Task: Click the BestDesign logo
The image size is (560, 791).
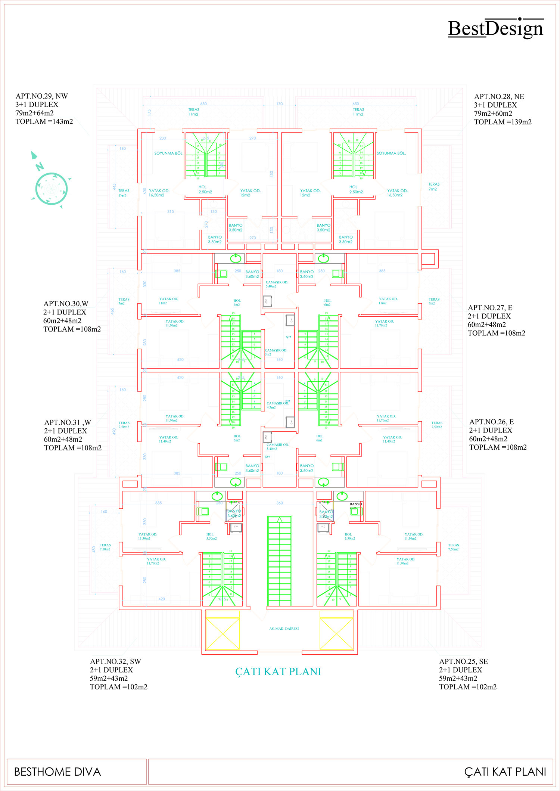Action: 495,28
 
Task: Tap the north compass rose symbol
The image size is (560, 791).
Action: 51,188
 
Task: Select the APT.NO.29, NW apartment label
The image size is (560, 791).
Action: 42,96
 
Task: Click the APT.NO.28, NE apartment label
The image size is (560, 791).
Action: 499,97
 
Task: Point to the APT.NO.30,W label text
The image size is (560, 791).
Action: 66,304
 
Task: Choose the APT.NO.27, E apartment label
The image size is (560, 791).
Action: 490,308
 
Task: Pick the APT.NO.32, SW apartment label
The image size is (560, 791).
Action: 115,661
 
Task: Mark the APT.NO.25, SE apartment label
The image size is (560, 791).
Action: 463,661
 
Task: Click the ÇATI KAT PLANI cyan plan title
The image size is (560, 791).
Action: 278,671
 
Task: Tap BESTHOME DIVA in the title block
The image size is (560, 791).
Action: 57,772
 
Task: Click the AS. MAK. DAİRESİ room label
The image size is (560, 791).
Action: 284,629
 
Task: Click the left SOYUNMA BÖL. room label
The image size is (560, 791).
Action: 169,153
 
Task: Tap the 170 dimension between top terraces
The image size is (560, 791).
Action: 280,104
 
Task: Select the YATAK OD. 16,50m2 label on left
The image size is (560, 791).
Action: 159,193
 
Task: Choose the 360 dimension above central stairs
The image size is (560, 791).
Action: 280,503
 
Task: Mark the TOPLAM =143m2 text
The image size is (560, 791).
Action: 44,122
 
